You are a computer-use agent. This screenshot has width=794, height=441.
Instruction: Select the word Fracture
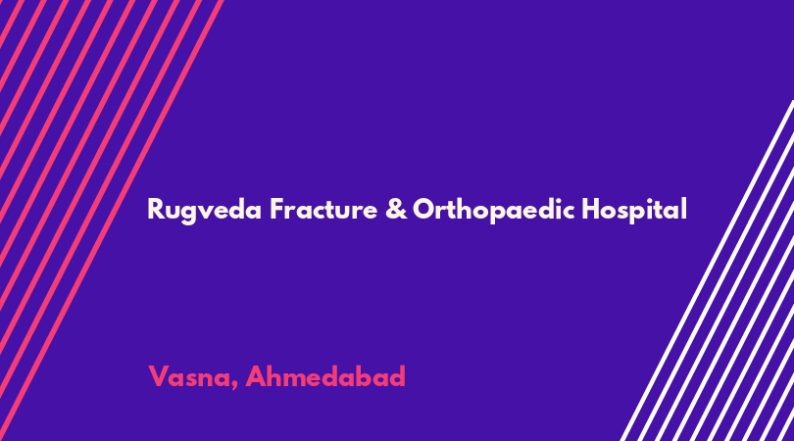[323, 209]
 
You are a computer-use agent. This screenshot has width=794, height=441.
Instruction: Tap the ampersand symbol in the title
[396, 209]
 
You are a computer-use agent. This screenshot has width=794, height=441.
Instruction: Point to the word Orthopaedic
[494, 210]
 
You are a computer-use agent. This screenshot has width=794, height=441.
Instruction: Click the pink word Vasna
[189, 376]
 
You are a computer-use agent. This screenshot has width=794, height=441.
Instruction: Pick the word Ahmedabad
[325, 375]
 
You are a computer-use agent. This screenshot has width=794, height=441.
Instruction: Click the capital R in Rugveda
[156, 209]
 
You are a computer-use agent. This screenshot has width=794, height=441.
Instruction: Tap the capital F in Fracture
[277, 209]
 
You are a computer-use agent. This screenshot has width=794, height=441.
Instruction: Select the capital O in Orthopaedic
[424, 209]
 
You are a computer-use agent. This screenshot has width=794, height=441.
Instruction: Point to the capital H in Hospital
[590, 209]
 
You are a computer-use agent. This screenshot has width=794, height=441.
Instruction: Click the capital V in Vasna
[159, 376]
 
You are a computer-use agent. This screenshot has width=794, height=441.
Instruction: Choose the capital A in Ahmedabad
[256, 376]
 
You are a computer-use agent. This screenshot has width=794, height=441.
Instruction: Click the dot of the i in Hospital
[655, 200]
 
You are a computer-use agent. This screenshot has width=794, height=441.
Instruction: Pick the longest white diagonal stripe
[708, 270]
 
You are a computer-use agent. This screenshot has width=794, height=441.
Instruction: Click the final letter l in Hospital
[684, 208]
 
